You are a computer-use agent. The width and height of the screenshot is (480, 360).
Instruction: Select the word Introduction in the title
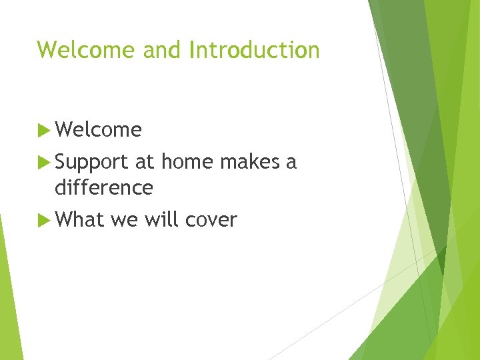(x=254, y=50)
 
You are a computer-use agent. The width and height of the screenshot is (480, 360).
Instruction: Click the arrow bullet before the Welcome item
(x=44, y=130)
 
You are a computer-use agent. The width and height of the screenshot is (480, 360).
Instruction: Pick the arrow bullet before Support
(x=44, y=162)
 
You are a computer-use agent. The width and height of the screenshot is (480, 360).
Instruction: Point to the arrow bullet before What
(x=44, y=221)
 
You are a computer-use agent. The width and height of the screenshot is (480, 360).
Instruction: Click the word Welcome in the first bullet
(x=99, y=130)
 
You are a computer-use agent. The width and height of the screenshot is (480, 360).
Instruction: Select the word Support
(x=93, y=163)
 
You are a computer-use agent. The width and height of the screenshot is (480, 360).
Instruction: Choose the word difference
(x=104, y=188)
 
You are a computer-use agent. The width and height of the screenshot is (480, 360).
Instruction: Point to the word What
(x=80, y=221)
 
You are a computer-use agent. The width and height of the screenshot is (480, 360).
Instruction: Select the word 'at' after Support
(x=145, y=162)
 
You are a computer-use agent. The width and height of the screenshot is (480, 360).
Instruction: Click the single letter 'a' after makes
(x=291, y=163)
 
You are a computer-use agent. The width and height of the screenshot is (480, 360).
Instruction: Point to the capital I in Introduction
(x=193, y=50)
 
